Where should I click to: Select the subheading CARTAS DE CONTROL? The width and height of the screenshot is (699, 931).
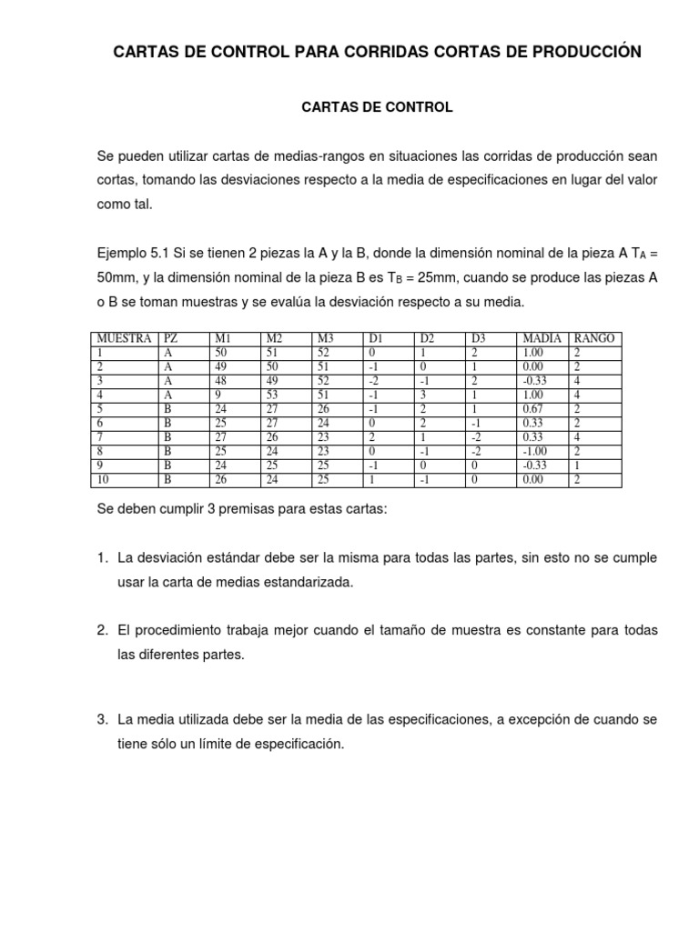point(377,107)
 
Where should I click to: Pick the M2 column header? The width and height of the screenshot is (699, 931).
point(274,338)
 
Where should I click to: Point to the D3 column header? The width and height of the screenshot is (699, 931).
point(480,338)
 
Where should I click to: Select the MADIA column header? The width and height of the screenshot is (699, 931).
point(542,338)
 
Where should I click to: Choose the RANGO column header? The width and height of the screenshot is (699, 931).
point(594,338)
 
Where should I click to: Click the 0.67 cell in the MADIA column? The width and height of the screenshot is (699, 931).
point(532,409)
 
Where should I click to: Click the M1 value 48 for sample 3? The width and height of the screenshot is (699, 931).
point(221,381)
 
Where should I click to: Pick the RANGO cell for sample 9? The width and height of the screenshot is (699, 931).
point(577,465)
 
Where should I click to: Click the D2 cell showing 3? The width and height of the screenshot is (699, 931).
point(423,395)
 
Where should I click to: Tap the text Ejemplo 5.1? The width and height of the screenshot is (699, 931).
point(129,253)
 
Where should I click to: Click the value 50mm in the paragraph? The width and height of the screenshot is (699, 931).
point(119,277)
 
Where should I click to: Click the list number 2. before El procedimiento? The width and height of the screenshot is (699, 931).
point(103,630)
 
